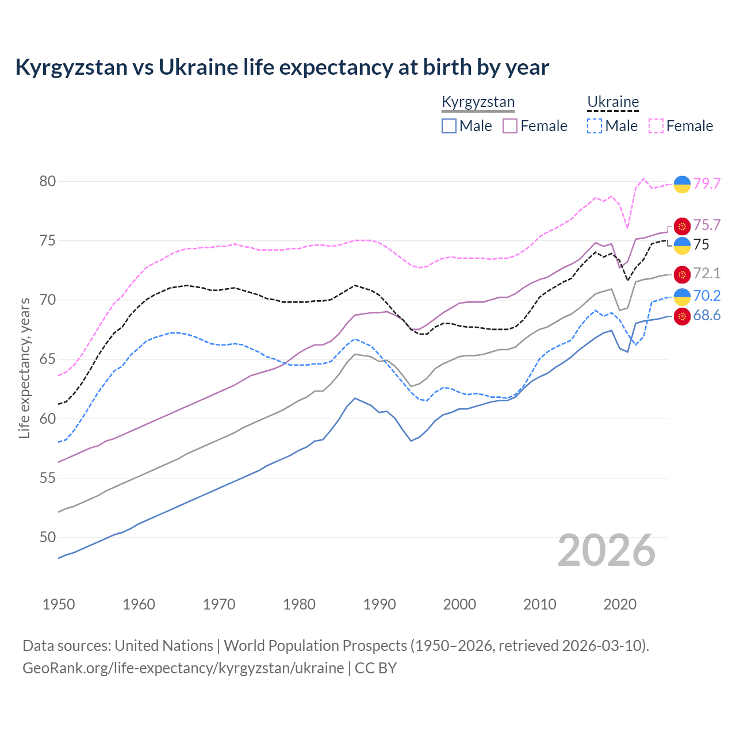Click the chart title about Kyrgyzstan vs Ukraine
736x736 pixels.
(282, 67)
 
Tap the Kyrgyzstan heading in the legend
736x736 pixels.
(478, 102)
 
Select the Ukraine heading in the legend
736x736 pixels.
(613, 102)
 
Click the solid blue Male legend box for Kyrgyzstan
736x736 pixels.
(449, 126)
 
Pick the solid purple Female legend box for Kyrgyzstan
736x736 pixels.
(510, 126)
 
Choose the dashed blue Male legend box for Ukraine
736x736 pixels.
(595, 126)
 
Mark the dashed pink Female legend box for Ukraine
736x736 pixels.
(656, 126)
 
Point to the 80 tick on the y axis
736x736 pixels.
(48, 182)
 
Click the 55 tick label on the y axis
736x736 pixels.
(48, 478)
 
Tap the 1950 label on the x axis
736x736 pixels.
(59, 604)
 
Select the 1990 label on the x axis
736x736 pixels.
(379, 604)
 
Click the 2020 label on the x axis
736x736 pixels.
(620, 604)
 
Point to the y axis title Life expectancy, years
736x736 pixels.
(24, 368)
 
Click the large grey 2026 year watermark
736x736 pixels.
(607, 550)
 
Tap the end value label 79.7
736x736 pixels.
(707, 183)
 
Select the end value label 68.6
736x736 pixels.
(707, 316)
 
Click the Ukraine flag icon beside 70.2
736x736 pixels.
(682, 296)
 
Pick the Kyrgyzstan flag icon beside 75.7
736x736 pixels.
(682, 226)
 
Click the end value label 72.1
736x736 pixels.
(707, 274)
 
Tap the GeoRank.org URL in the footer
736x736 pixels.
(183, 668)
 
